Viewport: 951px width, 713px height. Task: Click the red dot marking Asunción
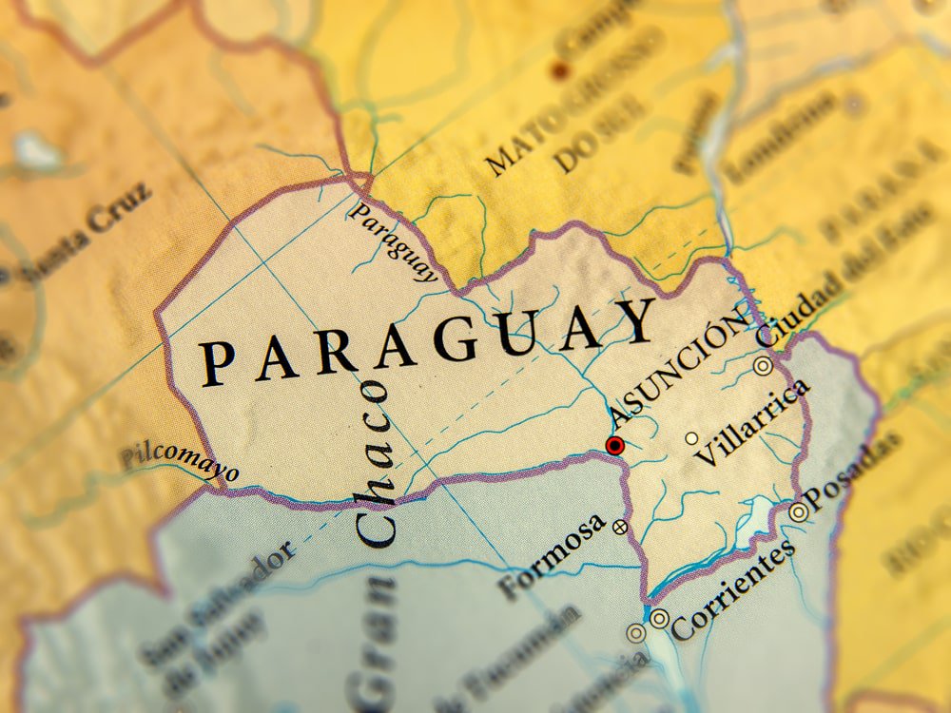(x=615, y=445)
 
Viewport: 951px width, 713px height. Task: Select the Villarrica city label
(x=752, y=422)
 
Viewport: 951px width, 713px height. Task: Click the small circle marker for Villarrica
(x=691, y=438)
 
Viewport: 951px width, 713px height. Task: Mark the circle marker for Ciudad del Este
(x=763, y=365)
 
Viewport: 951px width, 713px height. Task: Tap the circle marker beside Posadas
(x=799, y=511)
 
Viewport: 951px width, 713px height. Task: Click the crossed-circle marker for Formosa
(x=620, y=526)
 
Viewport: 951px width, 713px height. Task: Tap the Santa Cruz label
(x=87, y=233)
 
